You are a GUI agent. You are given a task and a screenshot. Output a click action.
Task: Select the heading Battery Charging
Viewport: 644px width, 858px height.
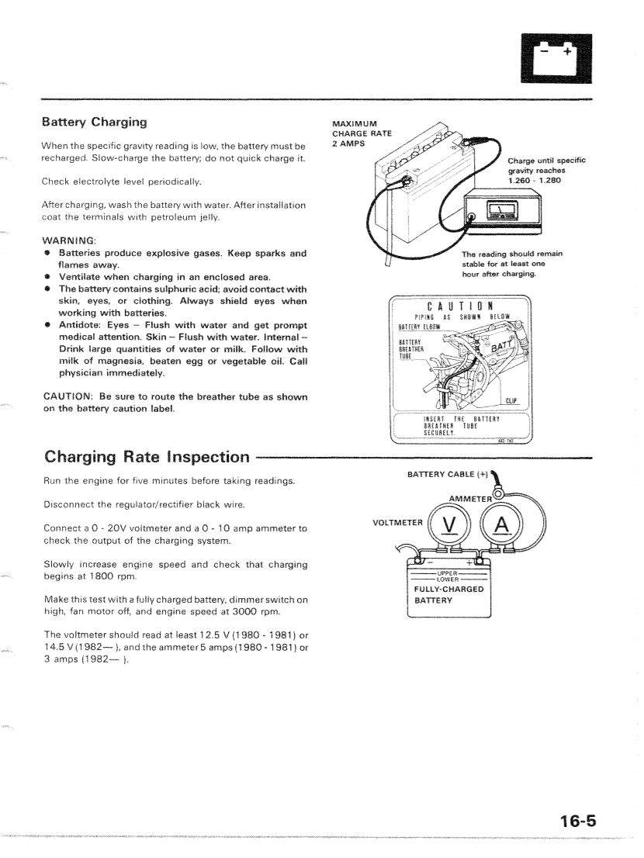(x=95, y=123)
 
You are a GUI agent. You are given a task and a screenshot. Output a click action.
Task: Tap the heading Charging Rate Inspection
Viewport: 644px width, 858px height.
(x=147, y=456)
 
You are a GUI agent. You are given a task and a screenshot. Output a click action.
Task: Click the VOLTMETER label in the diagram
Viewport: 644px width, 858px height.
(x=398, y=522)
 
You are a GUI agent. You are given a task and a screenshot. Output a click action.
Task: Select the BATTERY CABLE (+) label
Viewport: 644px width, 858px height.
(x=443, y=473)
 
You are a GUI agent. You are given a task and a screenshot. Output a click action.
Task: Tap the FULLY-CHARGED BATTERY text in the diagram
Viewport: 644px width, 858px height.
(x=448, y=594)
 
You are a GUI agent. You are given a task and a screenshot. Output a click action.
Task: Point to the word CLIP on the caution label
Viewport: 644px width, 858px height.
(x=511, y=400)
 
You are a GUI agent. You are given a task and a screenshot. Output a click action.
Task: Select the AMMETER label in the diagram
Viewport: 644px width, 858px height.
(x=470, y=498)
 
